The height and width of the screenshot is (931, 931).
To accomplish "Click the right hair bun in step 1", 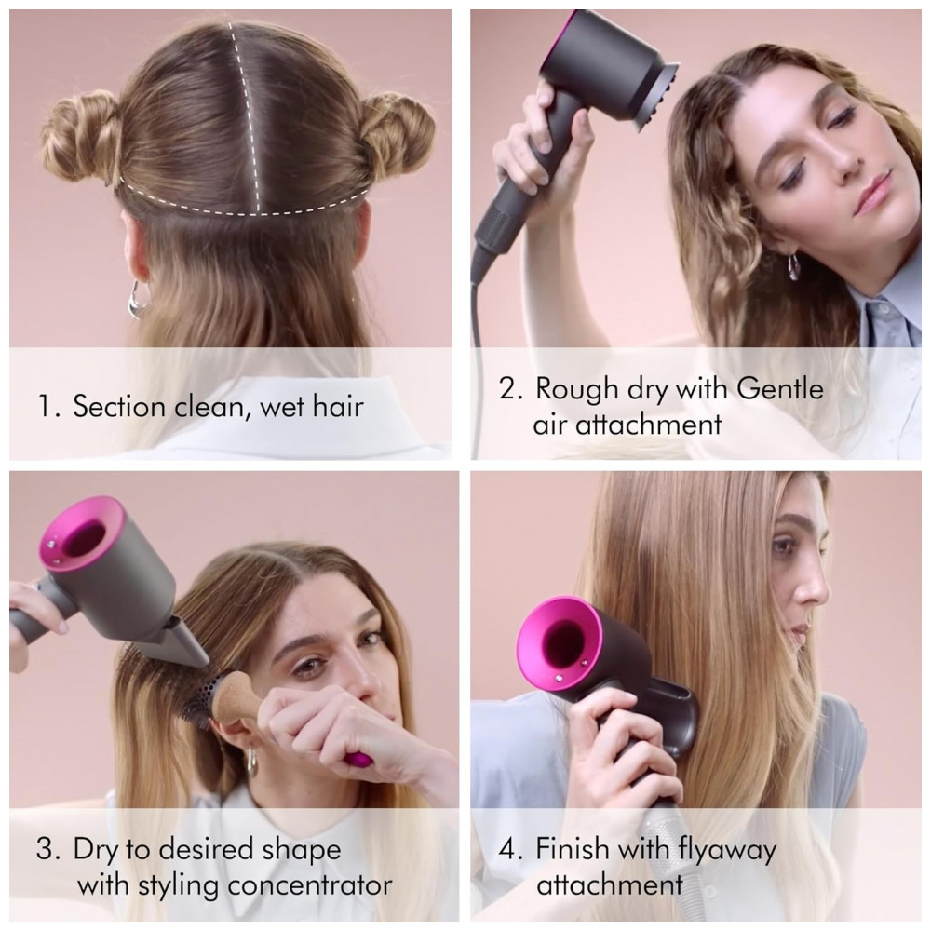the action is [x=395, y=138].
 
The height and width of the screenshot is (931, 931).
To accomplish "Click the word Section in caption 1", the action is [x=119, y=407].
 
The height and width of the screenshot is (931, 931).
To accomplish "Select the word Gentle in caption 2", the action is [x=779, y=389].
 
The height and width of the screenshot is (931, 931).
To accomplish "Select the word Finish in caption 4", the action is [x=573, y=848].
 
